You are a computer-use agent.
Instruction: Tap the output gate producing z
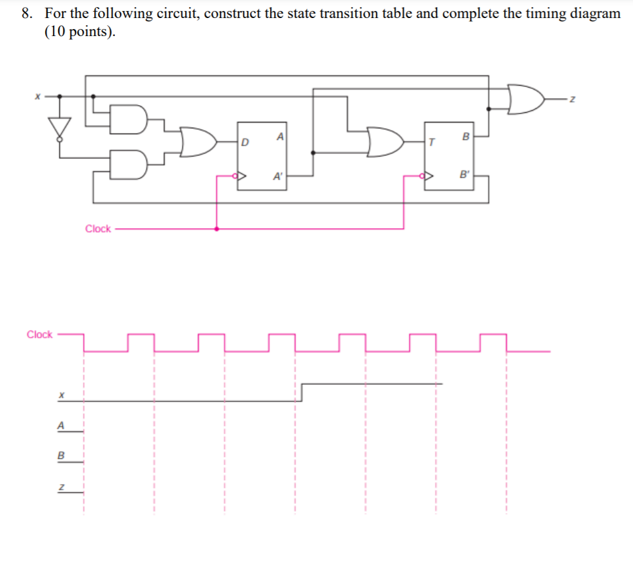527,98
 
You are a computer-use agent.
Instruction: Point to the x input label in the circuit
37,96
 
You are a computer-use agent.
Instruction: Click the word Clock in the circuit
98,229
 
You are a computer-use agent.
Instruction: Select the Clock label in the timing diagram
39,334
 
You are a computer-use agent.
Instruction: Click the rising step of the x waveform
302,392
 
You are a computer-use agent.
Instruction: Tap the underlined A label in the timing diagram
61,425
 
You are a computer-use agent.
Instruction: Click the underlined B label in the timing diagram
61,455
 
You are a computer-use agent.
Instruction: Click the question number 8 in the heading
26,14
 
